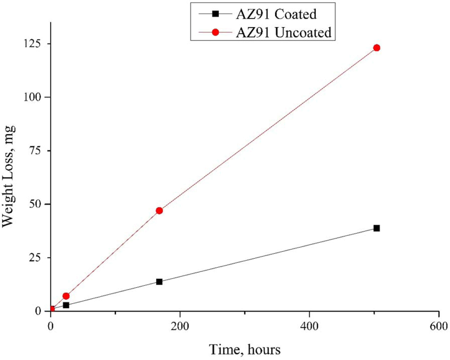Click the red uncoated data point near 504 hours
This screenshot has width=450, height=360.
(376, 48)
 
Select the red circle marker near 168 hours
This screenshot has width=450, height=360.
(159, 211)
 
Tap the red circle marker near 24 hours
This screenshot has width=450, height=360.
(66, 296)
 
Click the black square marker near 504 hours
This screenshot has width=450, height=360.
(376, 228)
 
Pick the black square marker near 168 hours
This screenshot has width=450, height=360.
(159, 282)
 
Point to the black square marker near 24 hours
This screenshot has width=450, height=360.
(66, 305)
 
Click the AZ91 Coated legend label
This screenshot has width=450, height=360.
(276, 14)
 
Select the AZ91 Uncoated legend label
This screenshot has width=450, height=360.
(284, 32)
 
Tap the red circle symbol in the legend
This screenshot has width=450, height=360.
(215, 32)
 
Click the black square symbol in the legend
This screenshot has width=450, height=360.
(215, 14)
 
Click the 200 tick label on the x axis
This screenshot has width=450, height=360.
(180, 326)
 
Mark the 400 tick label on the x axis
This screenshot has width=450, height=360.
(309, 326)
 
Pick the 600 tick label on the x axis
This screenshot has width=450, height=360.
(439, 326)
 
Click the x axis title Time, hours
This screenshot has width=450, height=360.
(245, 349)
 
